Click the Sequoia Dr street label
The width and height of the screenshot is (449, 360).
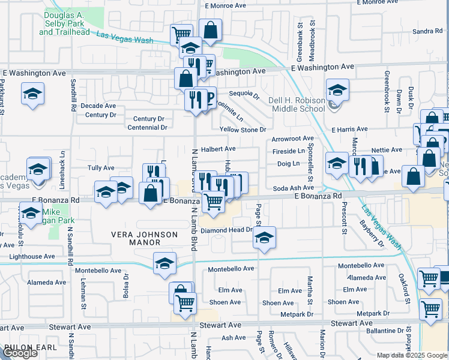click(244, 94)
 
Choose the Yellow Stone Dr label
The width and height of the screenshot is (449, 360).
click(243, 130)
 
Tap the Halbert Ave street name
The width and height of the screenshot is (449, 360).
click(218, 149)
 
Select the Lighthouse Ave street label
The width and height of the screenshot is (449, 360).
click(32, 256)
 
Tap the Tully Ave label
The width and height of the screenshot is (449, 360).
click(101, 168)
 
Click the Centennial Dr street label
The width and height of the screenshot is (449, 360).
click(146, 127)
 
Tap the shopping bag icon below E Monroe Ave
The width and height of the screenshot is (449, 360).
click(211, 30)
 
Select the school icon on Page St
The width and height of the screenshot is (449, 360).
click(264, 238)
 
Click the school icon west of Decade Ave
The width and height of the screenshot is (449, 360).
click(32, 94)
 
